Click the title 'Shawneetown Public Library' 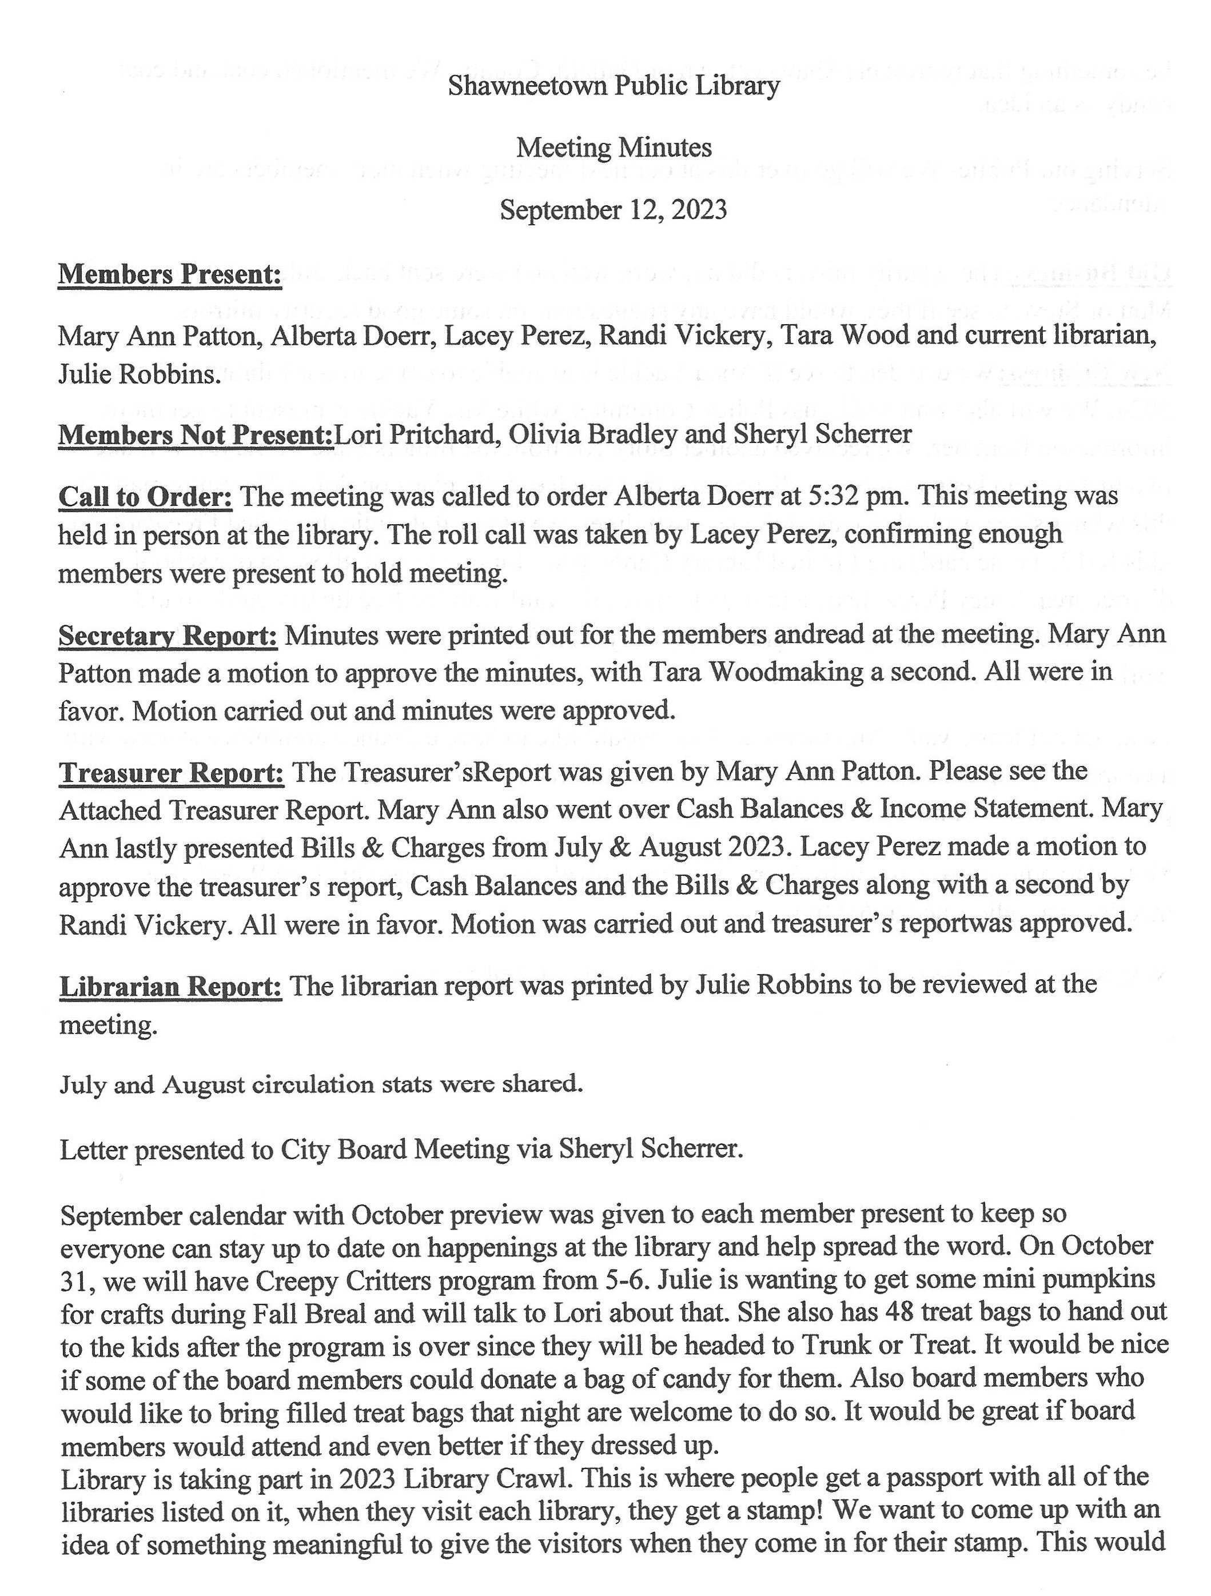614,86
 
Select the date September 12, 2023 614,210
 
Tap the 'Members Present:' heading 170,274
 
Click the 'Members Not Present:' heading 195,434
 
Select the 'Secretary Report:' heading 168,635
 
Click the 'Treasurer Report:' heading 172,772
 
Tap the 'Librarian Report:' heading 170,985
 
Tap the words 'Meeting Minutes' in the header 614,148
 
